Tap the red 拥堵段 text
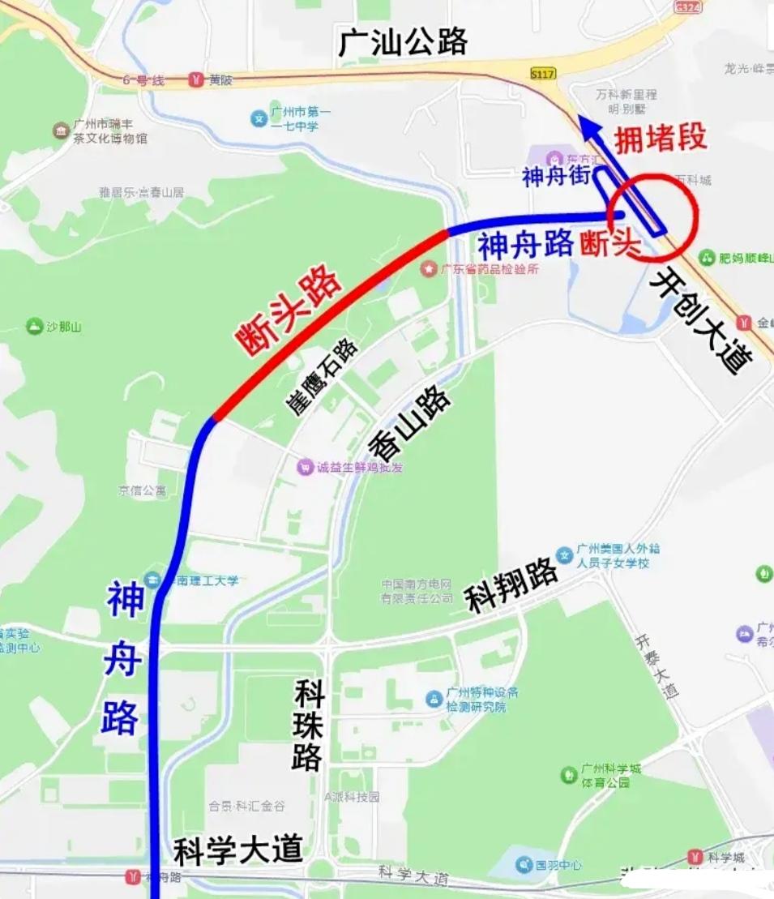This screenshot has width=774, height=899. click(660, 139)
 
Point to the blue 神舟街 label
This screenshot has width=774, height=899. click(556, 176)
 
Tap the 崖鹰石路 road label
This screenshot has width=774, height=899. click(322, 378)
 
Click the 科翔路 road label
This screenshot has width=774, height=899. click(511, 586)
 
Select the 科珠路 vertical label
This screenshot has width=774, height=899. click(308, 726)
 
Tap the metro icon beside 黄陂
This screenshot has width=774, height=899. click(195, 79)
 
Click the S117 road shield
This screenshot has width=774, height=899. click(543, 74)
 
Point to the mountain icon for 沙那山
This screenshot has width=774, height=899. click(34, 327)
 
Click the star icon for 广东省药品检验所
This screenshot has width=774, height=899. click(428, 269)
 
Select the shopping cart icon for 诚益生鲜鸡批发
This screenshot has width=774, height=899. click(306, 467)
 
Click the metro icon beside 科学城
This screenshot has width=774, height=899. click(695, 857)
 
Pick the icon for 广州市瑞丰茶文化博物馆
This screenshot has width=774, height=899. click(62, 131)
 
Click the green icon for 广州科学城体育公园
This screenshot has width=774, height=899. click(569, 775)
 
